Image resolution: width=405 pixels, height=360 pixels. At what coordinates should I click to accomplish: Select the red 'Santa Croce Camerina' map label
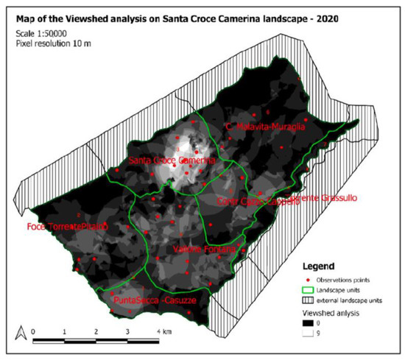[x=171, y=160]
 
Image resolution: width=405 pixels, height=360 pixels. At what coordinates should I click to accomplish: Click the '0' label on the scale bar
[x=34, y=333]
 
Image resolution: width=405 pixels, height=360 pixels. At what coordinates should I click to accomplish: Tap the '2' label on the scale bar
[x=96, y=333]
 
